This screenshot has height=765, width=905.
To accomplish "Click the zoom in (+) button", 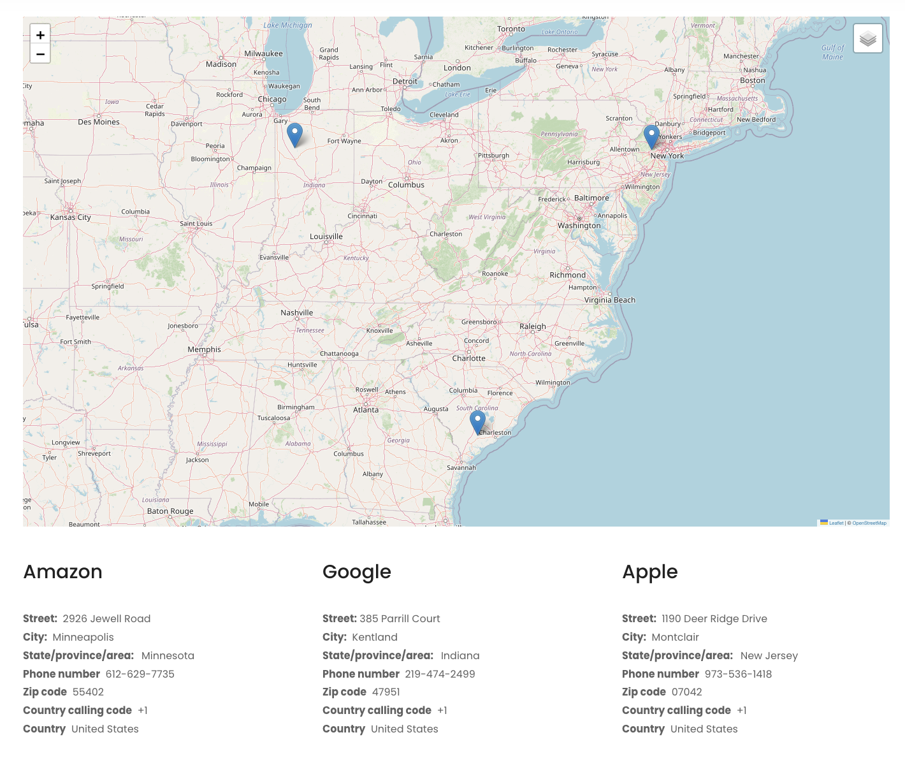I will (x=40, y=35).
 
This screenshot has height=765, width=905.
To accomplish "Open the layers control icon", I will (x=867, y=39).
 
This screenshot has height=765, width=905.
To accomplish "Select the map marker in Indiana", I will (x=294, y=135).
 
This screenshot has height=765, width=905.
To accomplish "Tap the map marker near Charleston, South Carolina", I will (x=477, y=422).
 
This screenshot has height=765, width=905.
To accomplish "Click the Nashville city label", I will (x=297, y=312).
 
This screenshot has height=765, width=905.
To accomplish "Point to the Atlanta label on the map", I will (x=366, y=410).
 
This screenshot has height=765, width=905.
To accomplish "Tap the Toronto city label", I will (x=511, y=29).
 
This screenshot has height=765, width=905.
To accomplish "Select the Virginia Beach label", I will (x=610, y=300).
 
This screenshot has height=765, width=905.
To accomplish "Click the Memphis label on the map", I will (x=205, y=349).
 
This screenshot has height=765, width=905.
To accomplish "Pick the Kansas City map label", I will (x=71, y=217).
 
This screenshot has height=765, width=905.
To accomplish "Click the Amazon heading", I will (x=62, y=572).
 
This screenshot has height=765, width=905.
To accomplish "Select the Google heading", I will (x=356, y=572).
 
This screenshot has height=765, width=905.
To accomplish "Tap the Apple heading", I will (x=649, y=572).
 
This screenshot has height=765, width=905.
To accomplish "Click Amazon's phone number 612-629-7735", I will (x=140, y=674).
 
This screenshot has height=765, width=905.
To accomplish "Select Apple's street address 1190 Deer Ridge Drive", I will (x=714, y=618).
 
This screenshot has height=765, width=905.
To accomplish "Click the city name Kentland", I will (x=375, y=637).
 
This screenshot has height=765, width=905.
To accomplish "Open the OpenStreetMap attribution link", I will (x=869, y=523).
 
